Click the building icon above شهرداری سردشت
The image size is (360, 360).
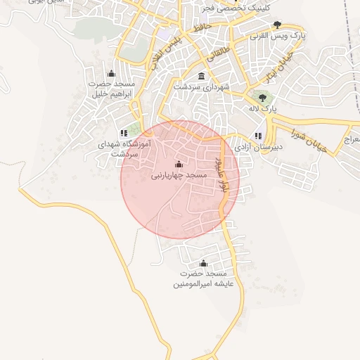click(202, 76)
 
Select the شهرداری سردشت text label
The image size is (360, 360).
click(202, 87)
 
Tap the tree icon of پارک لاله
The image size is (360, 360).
click(263, 98)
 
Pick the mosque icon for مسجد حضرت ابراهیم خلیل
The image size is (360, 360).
click(110, 73)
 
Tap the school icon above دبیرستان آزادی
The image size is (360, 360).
click(258, 136)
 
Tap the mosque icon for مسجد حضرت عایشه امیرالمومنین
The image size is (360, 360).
click(203, 262)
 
